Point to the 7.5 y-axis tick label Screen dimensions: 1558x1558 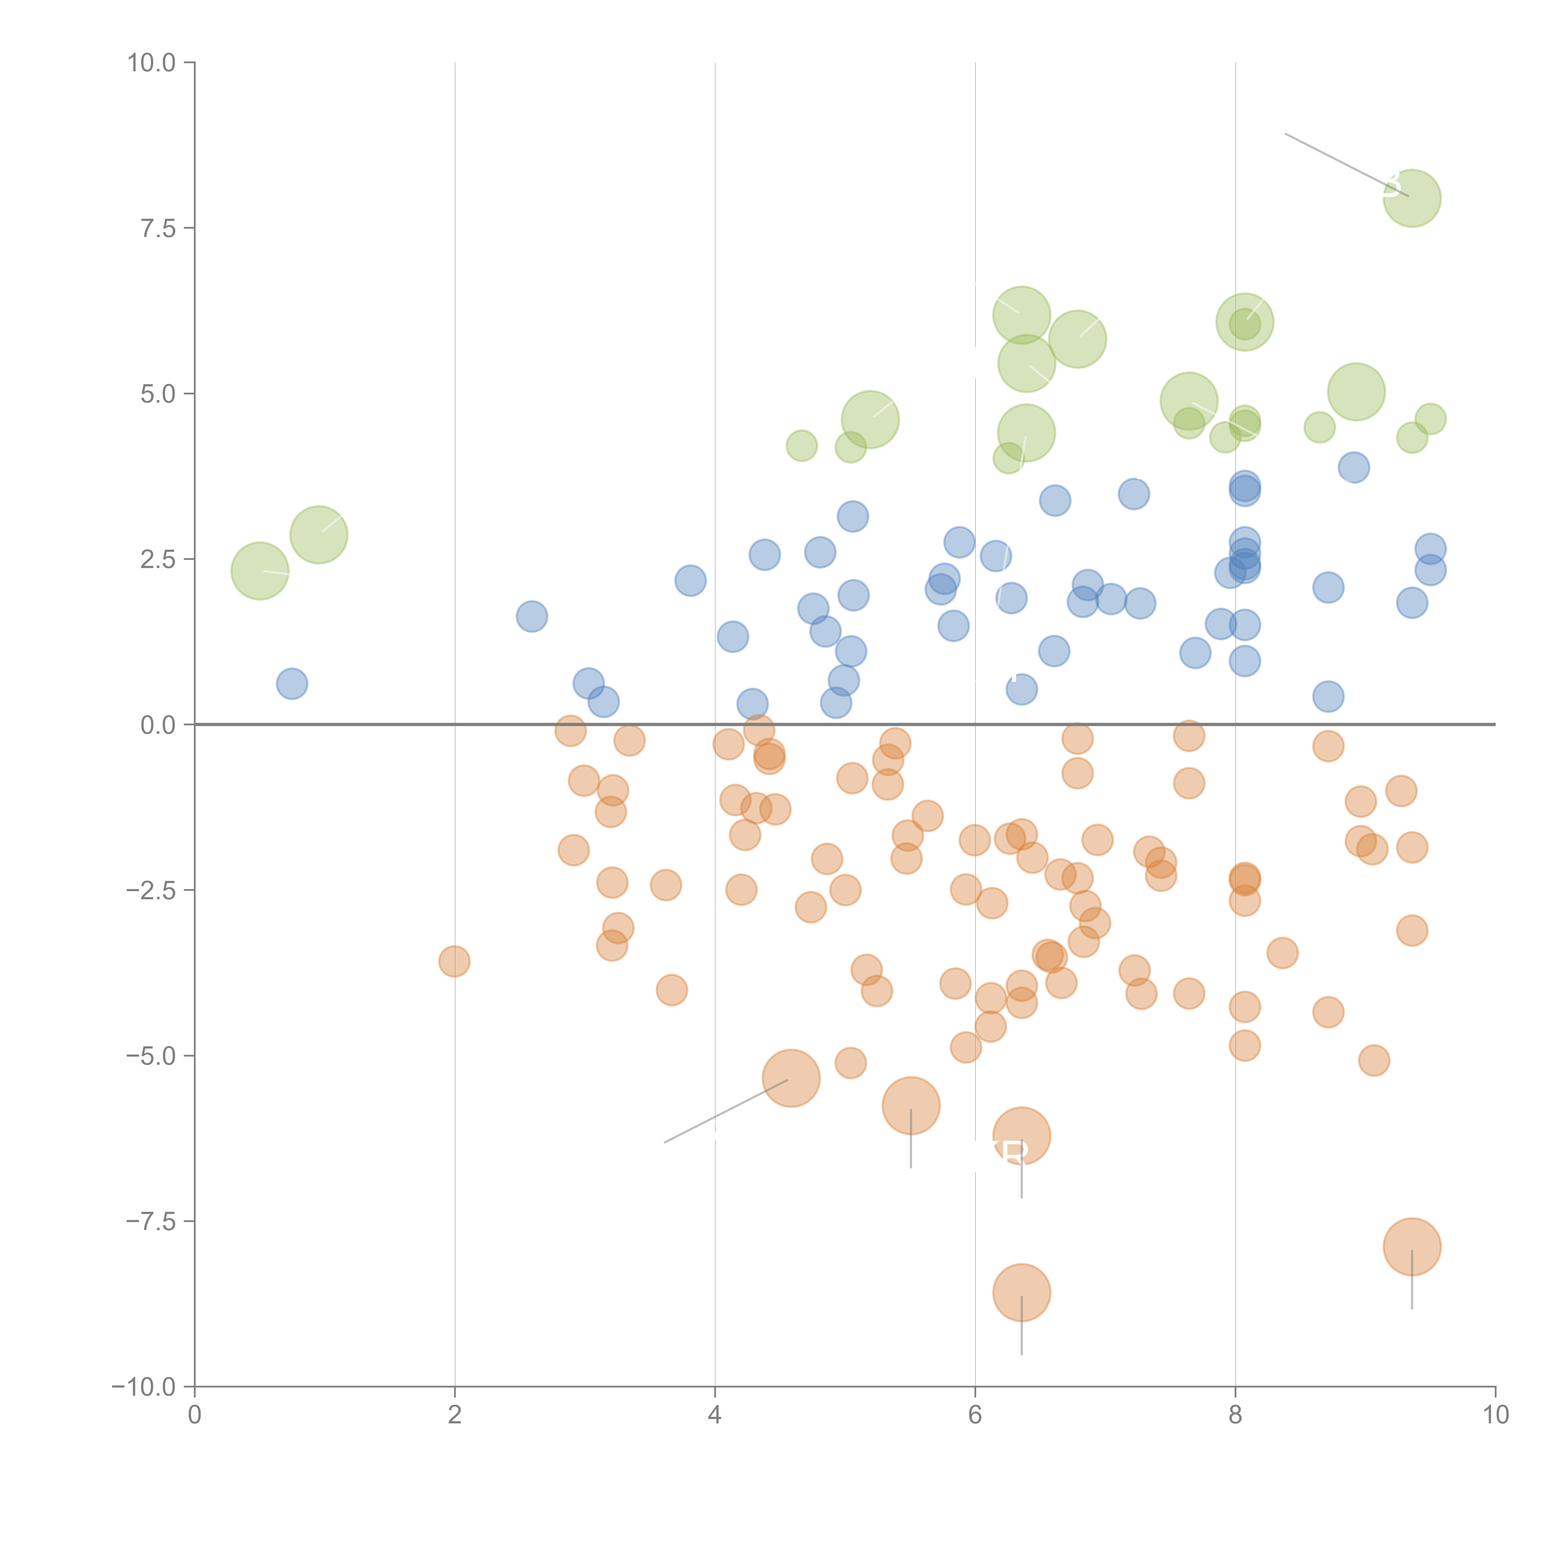[x=157, y=228]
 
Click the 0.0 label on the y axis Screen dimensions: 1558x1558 [x=157, y=725]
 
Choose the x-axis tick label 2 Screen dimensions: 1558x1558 [x=455, y=1415]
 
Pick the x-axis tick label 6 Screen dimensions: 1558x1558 [x=975, y=1415]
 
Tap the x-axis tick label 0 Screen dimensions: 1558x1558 [x=194, y=1415]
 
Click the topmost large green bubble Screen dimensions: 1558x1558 [x=1412, y=198]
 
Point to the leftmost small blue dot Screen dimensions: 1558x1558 [x=292, y=684]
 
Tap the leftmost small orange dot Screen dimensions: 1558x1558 [x=455, y=961]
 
